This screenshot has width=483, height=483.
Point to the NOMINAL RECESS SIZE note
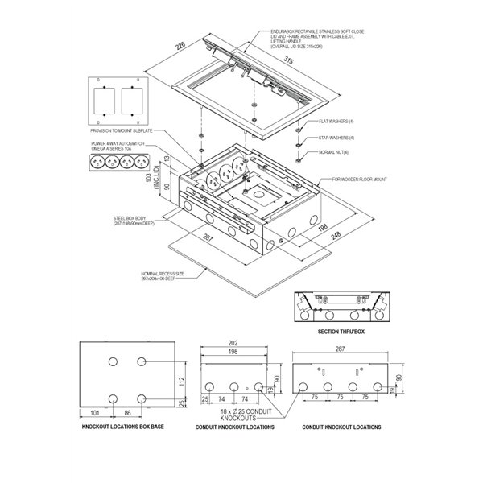[163, 275]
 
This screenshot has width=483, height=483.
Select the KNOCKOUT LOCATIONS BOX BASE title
[123, 427]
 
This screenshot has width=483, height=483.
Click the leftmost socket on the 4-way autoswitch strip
[100, 160]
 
